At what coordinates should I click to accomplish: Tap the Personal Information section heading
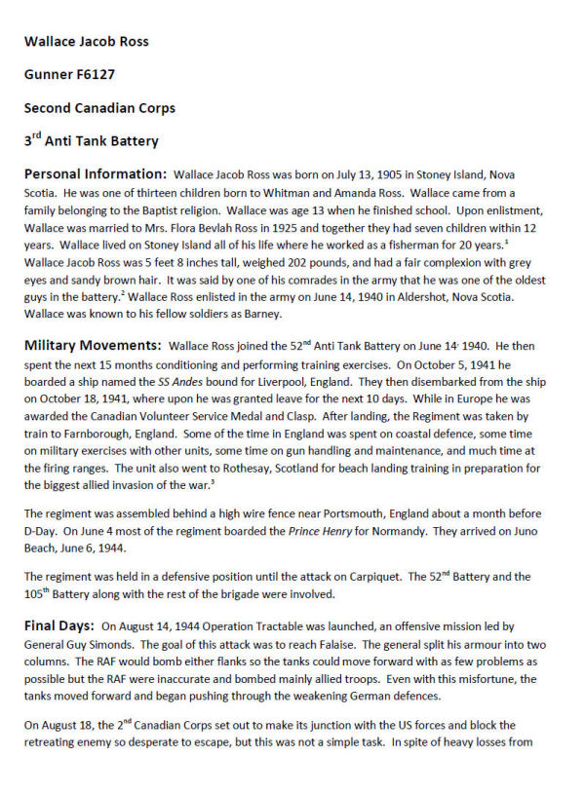pos(96,174)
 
